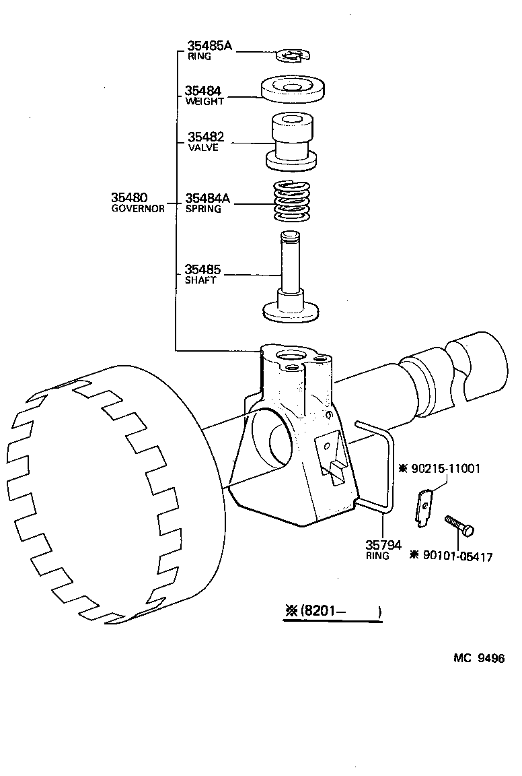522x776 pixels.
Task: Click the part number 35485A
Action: [209, 46]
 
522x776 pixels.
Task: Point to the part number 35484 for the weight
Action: [204, 91]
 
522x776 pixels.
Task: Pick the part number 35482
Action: [205, 137]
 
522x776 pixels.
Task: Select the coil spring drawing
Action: [293, 201]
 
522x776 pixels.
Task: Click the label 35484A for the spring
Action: [208, 199]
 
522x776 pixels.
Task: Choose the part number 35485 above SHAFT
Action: [203, 270]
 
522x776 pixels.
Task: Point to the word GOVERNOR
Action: [138, 209]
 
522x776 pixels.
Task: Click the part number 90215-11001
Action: [445, 468]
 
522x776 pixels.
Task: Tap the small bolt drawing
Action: [459, 525]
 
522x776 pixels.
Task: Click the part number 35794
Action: [383, 545]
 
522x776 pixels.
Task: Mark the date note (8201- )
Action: [333, 612]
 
